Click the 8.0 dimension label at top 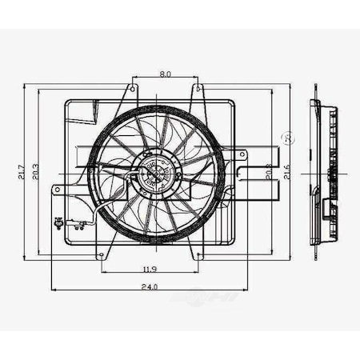165,74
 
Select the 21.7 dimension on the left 21,171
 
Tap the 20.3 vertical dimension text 34,171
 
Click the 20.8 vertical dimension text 267,171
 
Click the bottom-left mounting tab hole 101,255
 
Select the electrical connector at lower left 58,223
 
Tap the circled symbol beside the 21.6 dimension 290,140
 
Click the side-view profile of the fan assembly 324,172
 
